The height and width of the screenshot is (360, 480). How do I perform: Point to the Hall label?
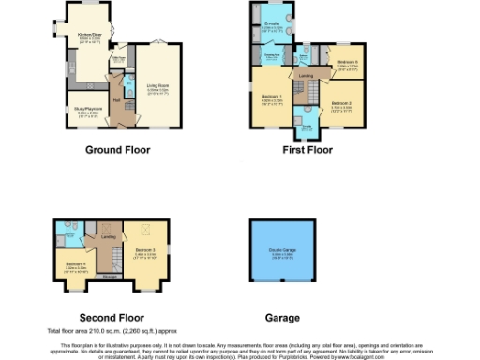tap(116, 99)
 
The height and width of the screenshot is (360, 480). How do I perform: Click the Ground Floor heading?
tap(117, 149)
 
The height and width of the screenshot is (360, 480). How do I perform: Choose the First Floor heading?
tap(306, 149)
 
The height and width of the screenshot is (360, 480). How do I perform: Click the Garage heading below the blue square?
tap(284, 318)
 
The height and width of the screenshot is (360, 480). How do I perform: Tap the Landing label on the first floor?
tap(306, 75)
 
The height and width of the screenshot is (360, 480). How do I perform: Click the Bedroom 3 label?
tap(144, 250)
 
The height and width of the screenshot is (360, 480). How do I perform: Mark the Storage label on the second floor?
tap(111, 276)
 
